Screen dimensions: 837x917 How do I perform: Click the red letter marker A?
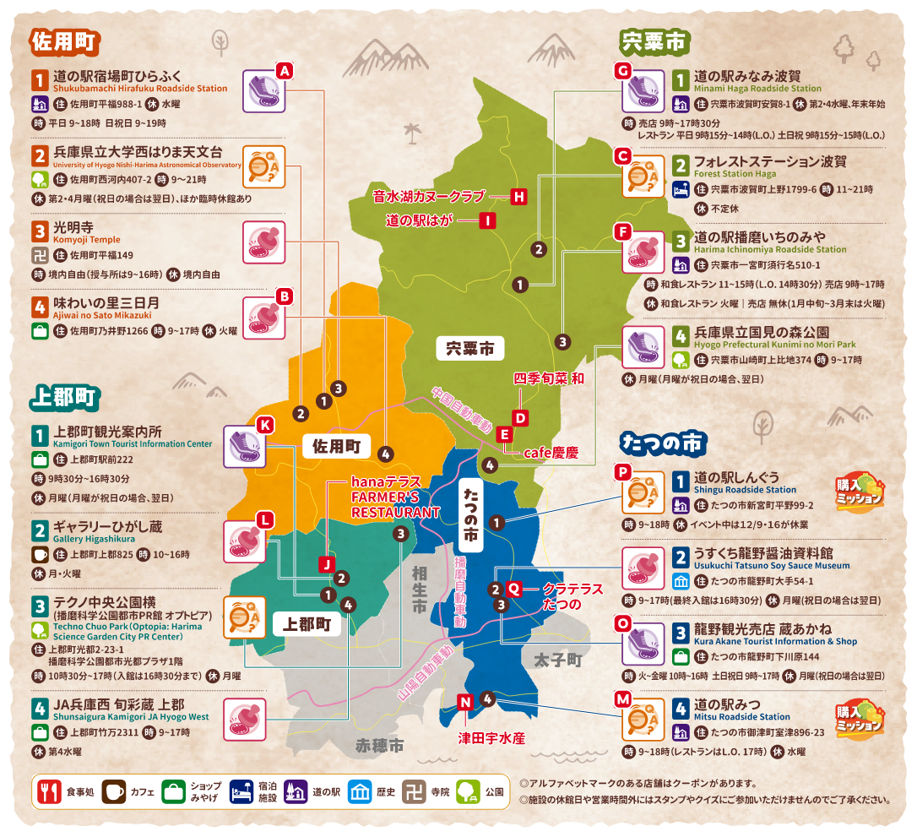click(285, 71)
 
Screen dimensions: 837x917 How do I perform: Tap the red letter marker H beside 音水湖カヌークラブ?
click(518, 197)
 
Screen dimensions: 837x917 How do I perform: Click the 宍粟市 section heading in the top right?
click(655, 41)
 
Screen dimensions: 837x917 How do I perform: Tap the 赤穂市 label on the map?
click(379, 746)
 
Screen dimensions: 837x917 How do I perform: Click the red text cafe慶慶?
click(551, 453)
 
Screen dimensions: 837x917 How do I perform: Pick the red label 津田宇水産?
click(491, 738)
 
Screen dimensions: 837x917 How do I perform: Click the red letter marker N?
click(464, 702)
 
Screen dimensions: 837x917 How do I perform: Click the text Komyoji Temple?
click(87, 240)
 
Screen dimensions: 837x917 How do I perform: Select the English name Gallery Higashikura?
click(94, 538)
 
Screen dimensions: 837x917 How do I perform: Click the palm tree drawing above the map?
click(412, 132)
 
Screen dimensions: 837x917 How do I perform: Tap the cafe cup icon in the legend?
click(113, 791)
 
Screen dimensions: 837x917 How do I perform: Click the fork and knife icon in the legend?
click(47, 791)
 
